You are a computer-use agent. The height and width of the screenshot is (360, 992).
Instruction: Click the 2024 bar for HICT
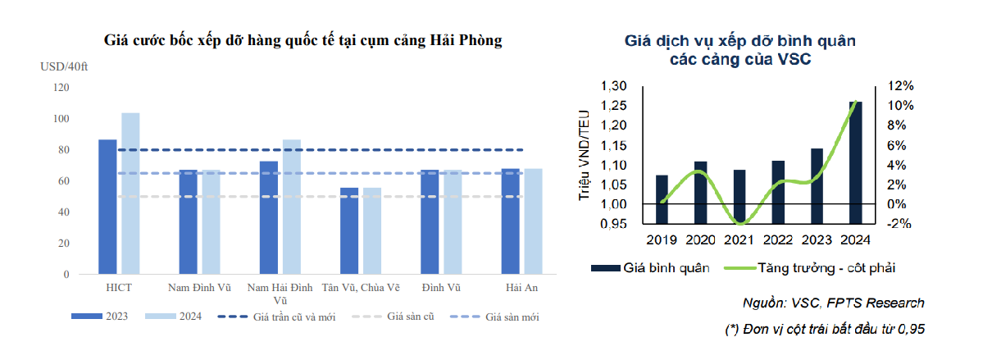point(130,194)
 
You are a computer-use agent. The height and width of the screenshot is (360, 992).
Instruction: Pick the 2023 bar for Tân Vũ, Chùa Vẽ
point(349,230)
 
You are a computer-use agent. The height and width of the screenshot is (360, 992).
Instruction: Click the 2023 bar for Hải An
point(510,221)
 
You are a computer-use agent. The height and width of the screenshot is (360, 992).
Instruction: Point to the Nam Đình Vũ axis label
point(200,288)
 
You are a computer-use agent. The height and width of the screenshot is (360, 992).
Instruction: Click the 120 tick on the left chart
point(61,87)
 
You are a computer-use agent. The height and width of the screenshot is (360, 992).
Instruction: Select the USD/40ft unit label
point(64,66)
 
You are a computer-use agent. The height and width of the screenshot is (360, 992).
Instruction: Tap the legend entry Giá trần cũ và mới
point(274,316)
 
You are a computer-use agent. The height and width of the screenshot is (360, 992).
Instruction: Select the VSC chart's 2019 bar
point(662,199)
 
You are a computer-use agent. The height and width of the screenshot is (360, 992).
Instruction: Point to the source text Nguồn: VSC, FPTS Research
point(831,303)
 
